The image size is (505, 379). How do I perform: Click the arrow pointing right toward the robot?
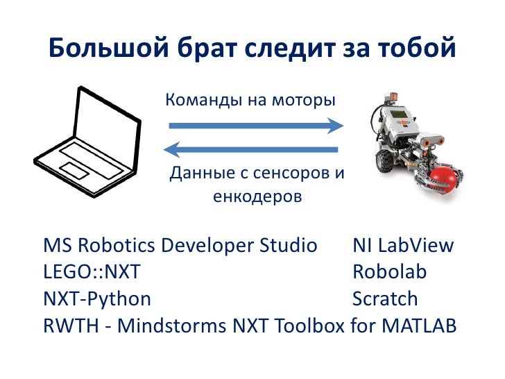pos(256,126)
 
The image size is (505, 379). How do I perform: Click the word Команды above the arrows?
pos(198,100)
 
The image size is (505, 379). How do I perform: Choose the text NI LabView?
pos(403,246)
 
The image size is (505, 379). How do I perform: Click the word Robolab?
pos(389,272)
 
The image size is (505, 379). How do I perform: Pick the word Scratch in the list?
pos(385,299)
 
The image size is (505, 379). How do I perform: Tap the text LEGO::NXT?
pos(91,272)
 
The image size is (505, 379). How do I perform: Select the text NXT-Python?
pos(97,299)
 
